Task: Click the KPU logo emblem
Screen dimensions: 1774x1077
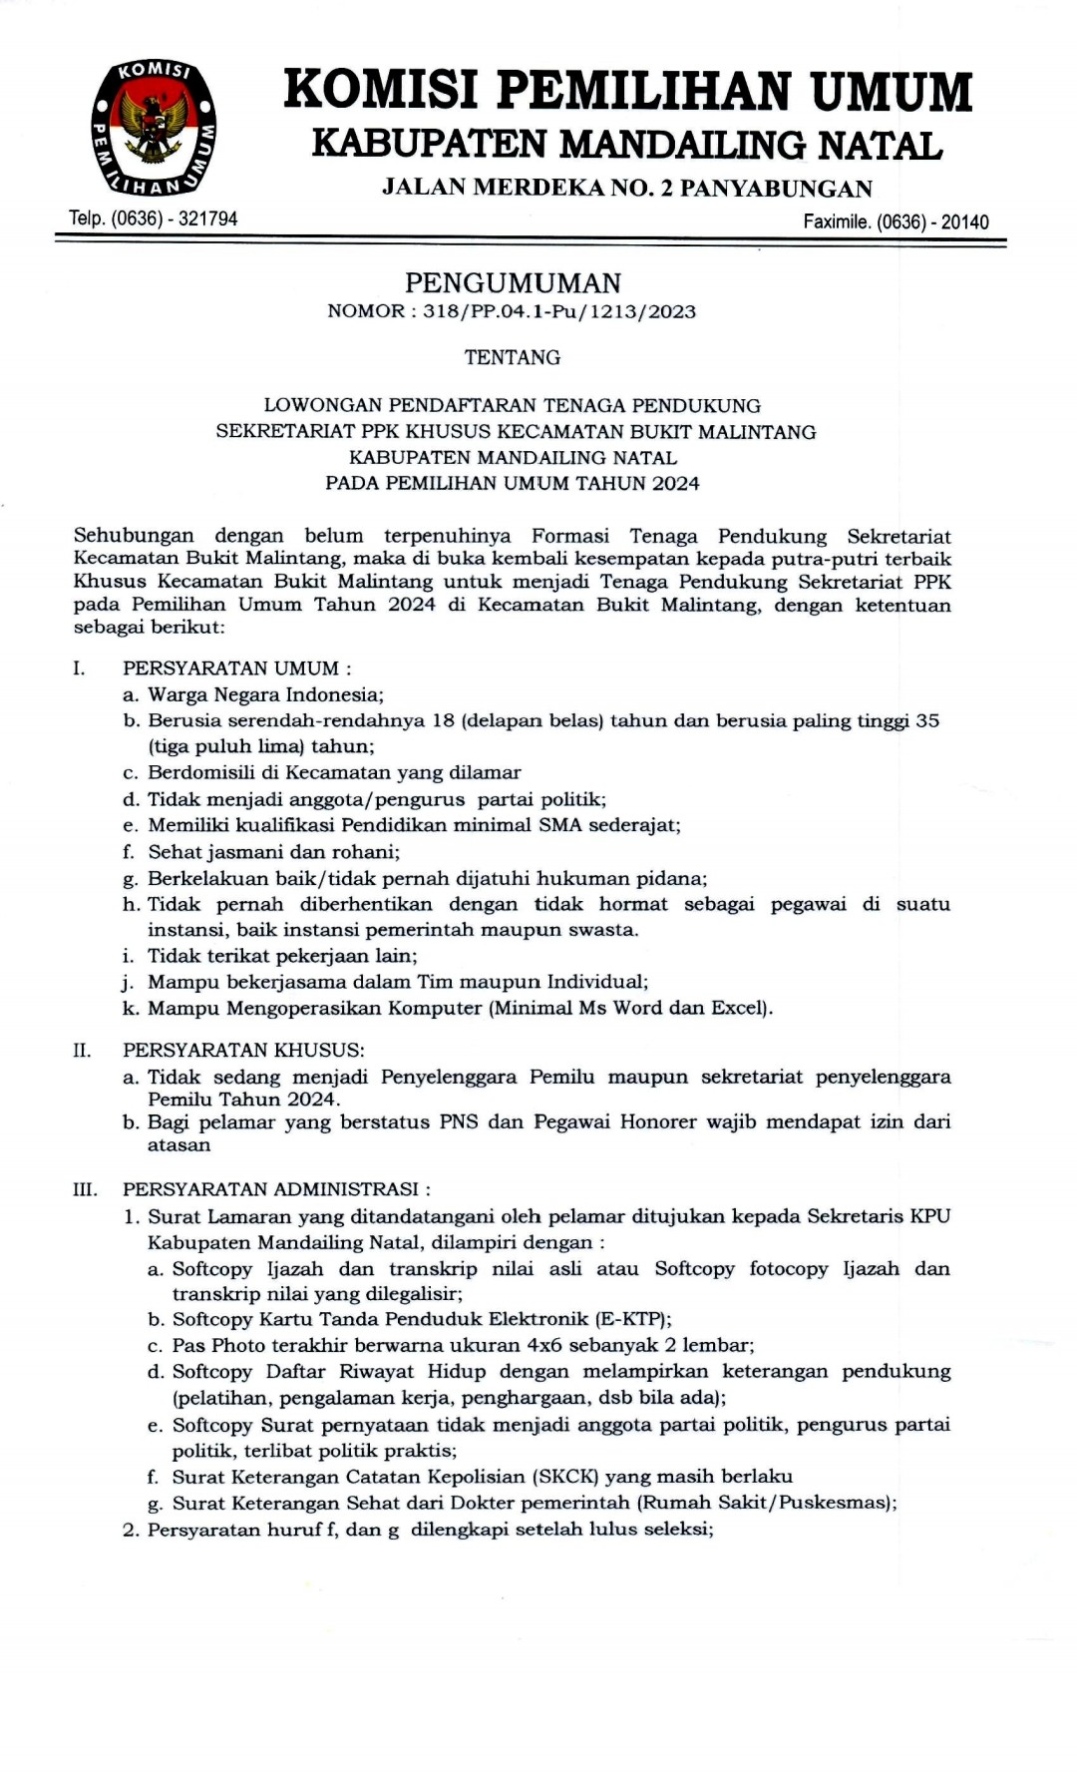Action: (x=154, y=127)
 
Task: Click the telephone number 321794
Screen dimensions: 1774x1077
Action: (x=207, y=219)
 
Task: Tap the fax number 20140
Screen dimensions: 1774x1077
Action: (x=964, y=222)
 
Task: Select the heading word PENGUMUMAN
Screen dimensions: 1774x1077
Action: (x=513, y=283)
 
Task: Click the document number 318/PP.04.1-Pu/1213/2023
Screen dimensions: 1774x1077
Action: (x=558, y=311)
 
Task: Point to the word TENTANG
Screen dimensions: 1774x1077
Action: (x=513, y=357)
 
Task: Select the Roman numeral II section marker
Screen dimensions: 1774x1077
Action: (x=82, y=1050)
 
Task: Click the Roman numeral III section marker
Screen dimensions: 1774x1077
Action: (x=85, y=1189)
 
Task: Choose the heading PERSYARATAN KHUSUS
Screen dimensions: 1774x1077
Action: (x=243, y=1050)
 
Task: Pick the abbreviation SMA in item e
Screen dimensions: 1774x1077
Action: (x=560, y=825)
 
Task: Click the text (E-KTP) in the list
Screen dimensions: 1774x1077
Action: (x=633, y=1319)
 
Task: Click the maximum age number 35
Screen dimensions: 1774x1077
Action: (x=927, y=720)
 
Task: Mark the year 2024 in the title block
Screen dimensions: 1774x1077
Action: (x=676, y=483)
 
